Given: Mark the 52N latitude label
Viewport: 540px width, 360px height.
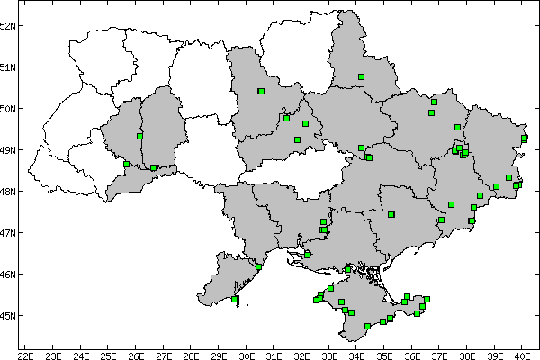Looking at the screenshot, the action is pyautogui.click(x=8, y=25).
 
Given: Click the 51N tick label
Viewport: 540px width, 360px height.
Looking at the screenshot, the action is pyautogui.click(x=8, y=67).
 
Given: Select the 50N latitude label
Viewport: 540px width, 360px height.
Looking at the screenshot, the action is pyautogui.click(x=8, y=108).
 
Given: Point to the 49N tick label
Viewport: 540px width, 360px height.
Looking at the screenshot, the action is pyautogui.click(x=8, y=149).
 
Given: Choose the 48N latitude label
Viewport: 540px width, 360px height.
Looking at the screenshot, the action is pyautogui.click(x=8, y=191).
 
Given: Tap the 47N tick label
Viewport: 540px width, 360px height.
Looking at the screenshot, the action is pyautogui.click(x=8, y=232).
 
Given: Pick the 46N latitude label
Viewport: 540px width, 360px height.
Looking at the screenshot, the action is pyautogui.click(x=8, y=274).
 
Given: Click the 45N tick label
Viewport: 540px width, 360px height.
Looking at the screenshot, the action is pyautogui.click(x=8, y=315).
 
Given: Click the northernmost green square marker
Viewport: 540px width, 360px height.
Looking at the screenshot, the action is pyautogui.click(x=361, y=77).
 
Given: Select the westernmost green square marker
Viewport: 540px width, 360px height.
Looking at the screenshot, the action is pyautogui.click(x=126, y=164).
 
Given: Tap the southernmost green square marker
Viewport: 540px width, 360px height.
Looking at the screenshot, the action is pyautogui.click(x=368, y=326).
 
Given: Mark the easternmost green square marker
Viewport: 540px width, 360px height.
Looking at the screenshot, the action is pyautogui.click(x=524, y=138).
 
